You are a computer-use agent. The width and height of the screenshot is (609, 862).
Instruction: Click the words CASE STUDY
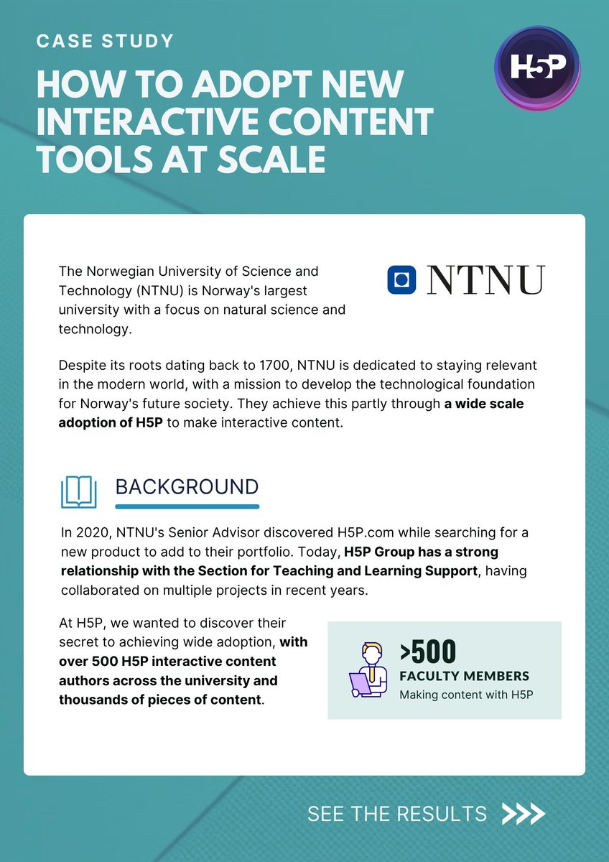click(105, 41)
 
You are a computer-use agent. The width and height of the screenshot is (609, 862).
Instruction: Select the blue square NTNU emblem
click(402, 279)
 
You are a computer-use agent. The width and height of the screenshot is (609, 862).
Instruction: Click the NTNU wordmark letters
click(486, 279)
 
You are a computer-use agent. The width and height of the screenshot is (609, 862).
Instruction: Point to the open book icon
click(79, 491)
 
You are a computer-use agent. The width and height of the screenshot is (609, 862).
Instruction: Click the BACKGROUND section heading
click(187, 486)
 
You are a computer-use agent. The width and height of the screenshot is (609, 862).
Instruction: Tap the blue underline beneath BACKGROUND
click(187, 506)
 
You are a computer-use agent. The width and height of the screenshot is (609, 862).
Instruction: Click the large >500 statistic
click(428, 651)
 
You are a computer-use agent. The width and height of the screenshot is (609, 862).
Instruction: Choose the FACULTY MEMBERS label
click(464, 676)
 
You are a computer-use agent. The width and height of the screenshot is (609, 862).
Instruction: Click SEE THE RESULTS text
click(397, 814)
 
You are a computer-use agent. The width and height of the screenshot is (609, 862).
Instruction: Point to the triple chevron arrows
click(524, 814)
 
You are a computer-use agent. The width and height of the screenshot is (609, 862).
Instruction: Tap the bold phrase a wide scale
click(483, 403)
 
